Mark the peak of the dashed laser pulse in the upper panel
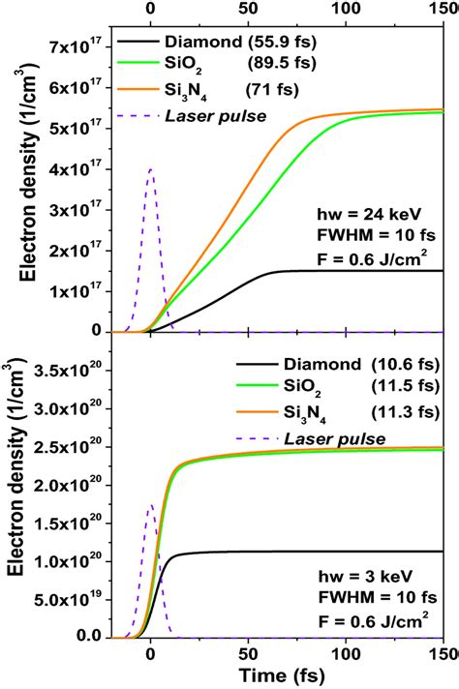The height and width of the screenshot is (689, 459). click(150, 169)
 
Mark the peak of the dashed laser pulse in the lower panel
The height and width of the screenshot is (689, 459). click(150, 505)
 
